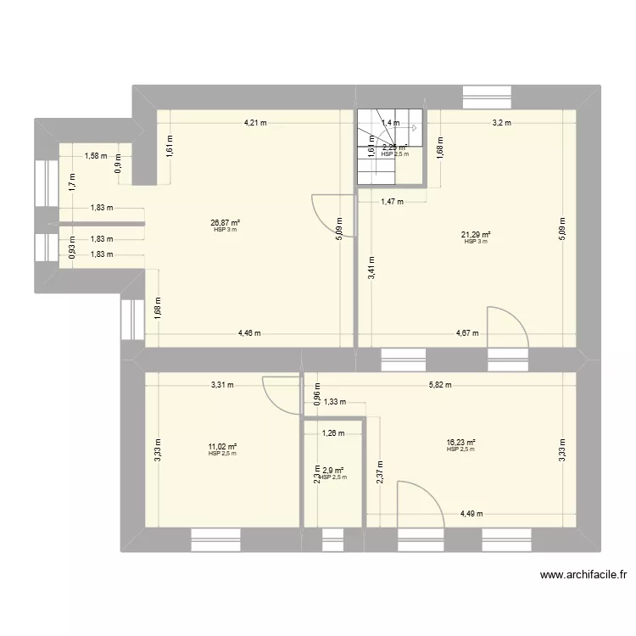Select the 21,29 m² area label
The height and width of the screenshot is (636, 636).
(x=476, y=237)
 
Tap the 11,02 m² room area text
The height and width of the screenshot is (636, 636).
(x=222, y=448)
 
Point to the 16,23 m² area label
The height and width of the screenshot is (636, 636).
(x=460, y=443)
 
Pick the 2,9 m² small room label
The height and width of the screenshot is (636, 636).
(x=332, y=471)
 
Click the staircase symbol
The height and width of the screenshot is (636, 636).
(x=388, y=148)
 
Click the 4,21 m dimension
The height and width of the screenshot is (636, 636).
(x=255, y=123)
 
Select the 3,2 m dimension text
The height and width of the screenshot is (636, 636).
(x=503, y=123)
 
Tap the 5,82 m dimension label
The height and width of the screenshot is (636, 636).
(x=440, y=385)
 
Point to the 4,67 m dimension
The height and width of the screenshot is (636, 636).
(x=467, y=334)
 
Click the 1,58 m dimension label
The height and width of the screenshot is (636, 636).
(x=95, y=156)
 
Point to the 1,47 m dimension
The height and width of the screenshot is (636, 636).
(x=391, y=202)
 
